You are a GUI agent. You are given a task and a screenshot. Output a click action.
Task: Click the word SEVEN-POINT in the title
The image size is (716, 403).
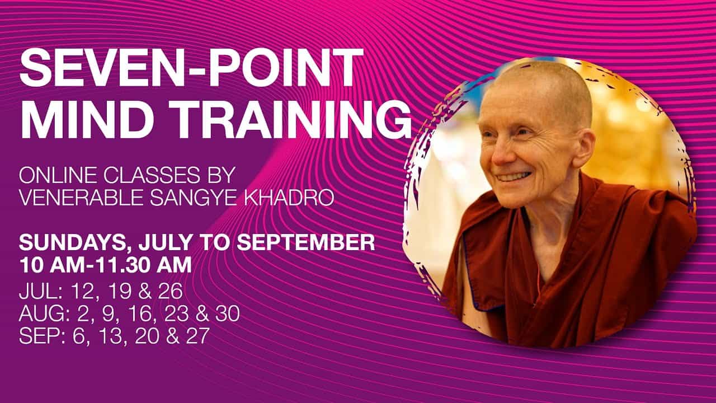(192, 68)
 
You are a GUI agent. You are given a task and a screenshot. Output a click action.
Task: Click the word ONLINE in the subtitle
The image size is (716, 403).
(57, 175)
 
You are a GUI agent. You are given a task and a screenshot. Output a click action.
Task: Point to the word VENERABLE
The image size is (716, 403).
(81, 198)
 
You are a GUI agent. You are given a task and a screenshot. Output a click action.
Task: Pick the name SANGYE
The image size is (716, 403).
(194, 198)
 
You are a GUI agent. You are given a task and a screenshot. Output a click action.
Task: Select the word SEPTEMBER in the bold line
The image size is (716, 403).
(305, 242)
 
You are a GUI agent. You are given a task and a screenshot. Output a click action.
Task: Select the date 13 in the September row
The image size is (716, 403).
(111, 335)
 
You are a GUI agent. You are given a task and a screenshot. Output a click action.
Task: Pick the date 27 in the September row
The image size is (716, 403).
(197, 335)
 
